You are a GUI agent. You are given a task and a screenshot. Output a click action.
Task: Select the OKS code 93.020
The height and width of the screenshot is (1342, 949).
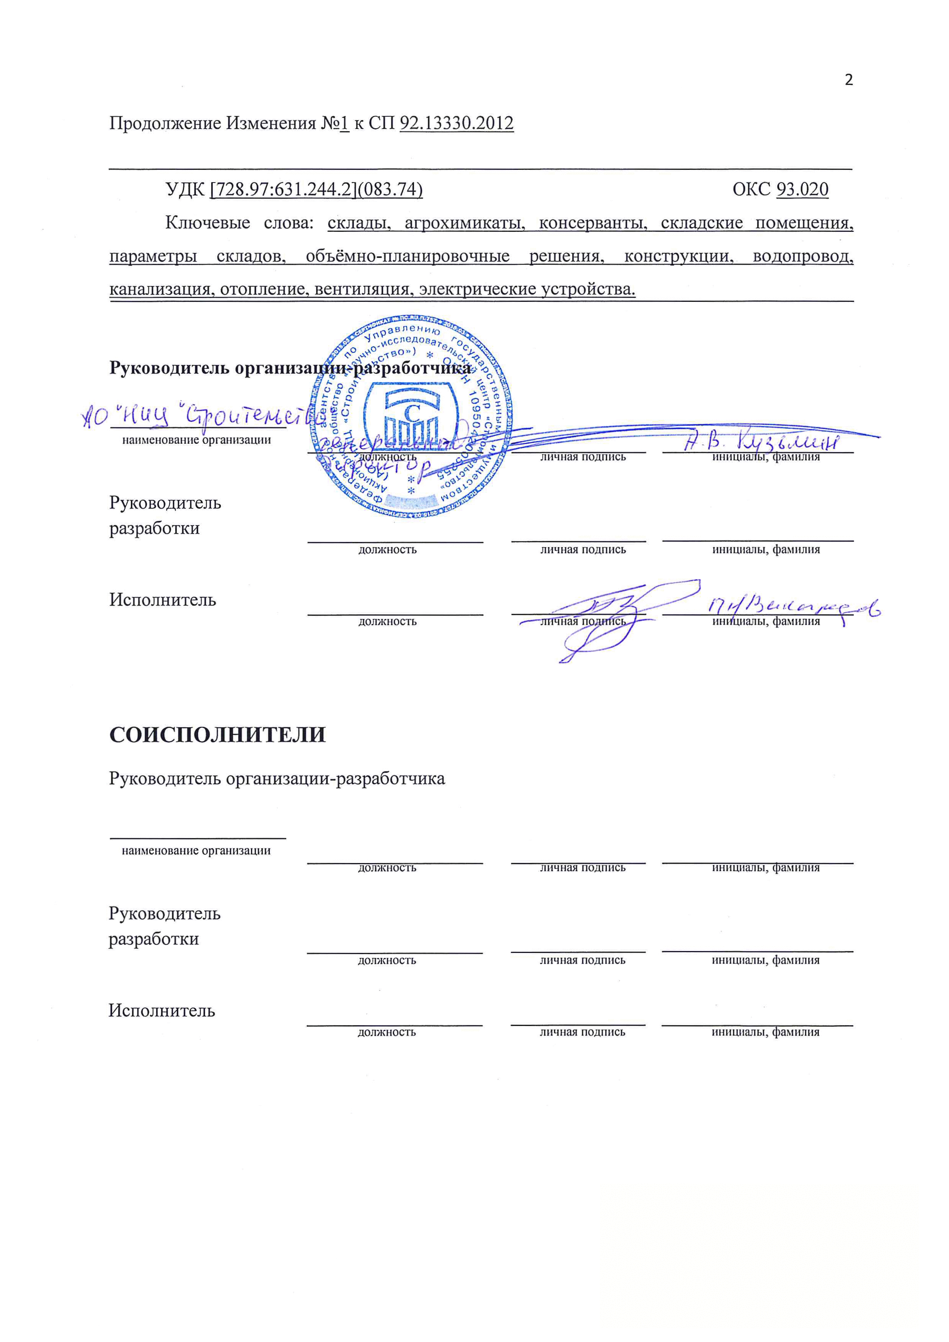(802, 189)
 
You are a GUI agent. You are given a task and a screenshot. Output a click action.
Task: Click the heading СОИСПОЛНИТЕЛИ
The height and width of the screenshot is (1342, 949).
(217, 735)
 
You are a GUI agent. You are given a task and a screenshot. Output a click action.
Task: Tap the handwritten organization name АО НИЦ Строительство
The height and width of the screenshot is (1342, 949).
(199, 416)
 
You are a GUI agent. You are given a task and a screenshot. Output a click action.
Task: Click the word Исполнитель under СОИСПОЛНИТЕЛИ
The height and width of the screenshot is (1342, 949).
(162, 1011)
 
